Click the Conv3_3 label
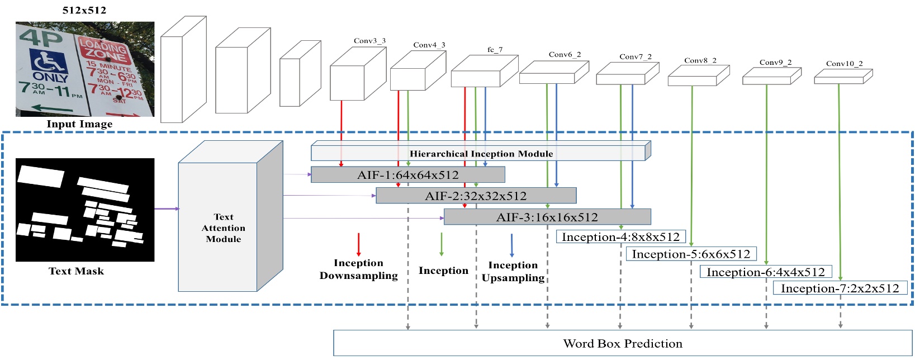point(369,41)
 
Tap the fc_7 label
point(495,50)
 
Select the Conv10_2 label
point(844,64)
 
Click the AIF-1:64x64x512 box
point(407,175)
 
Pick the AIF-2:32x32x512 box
point(476,196)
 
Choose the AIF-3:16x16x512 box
point(547,217)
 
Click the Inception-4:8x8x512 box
point(620,237)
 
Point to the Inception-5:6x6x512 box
point(691,254)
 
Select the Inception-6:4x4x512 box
point(765,272)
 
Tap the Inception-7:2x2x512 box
point(840,288)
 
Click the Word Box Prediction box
point(622,343)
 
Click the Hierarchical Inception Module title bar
point(481,154)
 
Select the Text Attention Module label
point(223,228)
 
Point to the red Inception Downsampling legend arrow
point(358,244)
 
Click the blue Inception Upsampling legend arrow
point(511,245)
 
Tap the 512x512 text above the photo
point(84,10)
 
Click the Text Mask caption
point(76,271)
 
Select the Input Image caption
point(79,124)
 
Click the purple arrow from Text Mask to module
point(166,209)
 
